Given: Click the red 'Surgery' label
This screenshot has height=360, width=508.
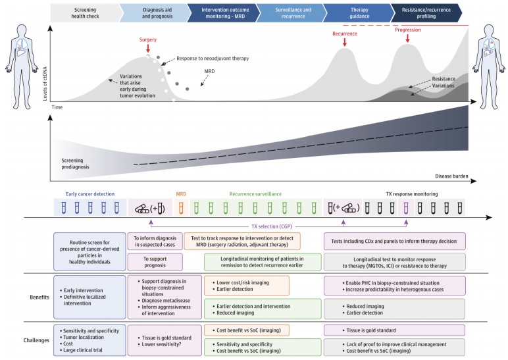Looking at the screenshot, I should (148, 39).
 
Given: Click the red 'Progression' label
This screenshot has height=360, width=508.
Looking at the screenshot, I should (408, 30).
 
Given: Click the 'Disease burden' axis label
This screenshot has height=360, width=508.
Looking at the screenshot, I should (451, 176).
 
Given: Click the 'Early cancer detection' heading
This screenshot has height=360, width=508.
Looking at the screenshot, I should (90, 194).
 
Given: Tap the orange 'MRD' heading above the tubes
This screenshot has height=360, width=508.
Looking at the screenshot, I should (181, 194).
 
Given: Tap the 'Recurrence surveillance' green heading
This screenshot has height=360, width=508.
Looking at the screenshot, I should (255, 194).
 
